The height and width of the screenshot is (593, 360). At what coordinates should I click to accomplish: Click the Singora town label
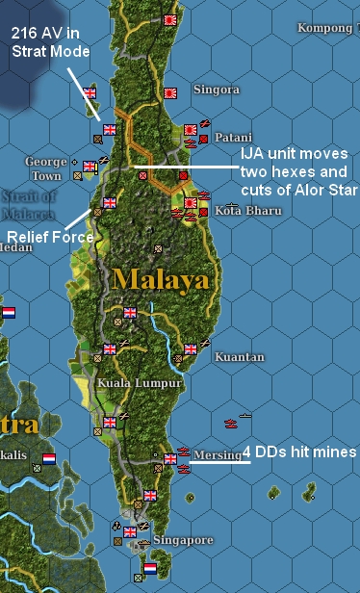216,90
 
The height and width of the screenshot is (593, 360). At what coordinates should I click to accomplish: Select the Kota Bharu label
240,210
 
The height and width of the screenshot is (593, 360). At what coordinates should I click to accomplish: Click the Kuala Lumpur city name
140,383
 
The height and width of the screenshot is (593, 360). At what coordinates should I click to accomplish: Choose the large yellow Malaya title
160,279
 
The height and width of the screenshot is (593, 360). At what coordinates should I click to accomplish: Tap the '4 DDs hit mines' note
300,452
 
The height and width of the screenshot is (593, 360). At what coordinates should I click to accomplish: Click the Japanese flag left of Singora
172,93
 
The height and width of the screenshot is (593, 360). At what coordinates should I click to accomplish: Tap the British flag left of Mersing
169,459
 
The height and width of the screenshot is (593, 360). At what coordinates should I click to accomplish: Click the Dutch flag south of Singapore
150,569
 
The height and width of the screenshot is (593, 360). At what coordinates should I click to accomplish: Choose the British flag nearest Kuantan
191,348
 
